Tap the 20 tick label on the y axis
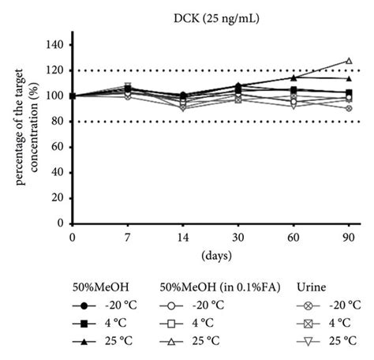[58, 198]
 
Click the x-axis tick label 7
[128, 236]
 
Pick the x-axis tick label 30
[238, 236]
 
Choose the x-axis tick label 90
[349, 236]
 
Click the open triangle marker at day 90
[349, 60]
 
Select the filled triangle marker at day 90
[349, 78]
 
